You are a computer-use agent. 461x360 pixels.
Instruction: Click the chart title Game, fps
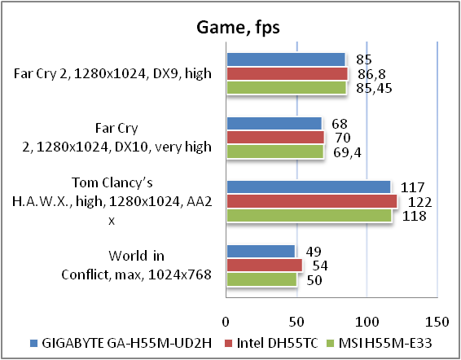[238, 28]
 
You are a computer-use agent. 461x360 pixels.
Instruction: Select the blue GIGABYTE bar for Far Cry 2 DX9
[286, 59]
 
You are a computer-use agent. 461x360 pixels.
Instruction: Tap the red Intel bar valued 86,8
[287, 73]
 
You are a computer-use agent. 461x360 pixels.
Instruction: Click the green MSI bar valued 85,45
[286, 87]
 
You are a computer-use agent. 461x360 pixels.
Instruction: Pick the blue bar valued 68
[274, 123]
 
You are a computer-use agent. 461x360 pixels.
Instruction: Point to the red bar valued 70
[275, 138]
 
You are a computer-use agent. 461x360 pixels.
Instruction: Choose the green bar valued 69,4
[275, 151]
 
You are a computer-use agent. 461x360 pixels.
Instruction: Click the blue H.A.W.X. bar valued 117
[309, 187]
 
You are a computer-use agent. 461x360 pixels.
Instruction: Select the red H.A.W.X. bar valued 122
[312, 201]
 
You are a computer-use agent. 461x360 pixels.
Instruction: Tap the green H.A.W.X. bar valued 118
[309, 215]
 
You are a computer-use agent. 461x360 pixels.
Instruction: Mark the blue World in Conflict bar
[261, 251]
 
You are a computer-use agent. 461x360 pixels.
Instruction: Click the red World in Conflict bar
[265, 266]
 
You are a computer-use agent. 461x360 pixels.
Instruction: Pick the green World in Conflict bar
[261, 279]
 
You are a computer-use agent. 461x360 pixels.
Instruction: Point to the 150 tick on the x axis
[437, 322]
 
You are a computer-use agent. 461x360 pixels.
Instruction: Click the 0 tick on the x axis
[226, 322]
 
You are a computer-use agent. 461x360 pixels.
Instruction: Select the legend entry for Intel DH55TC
[271, 343]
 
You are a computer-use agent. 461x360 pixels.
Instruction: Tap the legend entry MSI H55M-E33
[380, 343]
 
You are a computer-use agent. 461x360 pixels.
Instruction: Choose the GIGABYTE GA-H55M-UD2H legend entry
[121, 343]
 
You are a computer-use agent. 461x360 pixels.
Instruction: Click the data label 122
[419, 202]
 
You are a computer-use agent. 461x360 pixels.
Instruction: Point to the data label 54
[320, 266]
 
